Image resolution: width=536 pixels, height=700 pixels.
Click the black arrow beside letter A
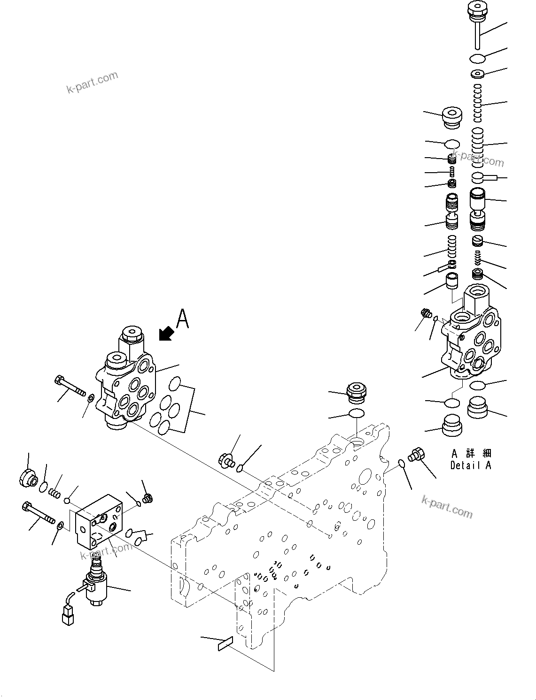[x=166, y=334]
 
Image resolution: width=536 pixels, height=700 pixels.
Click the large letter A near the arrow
[x=182, y=319]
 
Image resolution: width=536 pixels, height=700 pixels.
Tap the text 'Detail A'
[x=470, y=465]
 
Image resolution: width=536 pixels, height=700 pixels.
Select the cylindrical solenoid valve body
[x=97, y=587]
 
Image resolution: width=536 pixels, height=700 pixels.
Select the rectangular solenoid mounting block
[x=99, y=521]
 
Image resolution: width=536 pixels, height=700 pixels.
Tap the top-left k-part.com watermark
[x=92, y=83]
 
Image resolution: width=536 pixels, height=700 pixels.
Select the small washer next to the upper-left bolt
[x=90, y=399]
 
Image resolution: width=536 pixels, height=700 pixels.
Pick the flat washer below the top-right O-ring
[x=478, y=74]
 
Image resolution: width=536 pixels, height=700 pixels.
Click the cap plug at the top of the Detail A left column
[x=451, y=117]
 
